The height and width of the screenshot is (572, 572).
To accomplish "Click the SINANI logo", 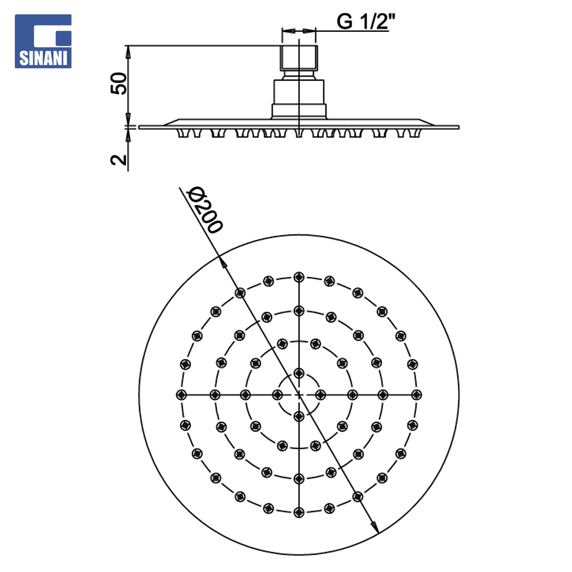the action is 43,41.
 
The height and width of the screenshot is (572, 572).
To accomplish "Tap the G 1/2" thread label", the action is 366,21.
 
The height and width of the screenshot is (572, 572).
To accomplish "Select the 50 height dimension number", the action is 119,84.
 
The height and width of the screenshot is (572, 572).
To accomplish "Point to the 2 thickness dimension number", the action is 119,160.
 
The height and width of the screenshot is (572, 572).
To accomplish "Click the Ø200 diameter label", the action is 204,210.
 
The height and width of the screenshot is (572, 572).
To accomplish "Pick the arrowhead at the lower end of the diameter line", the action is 374,527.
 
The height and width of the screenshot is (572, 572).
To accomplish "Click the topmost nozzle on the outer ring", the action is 299,277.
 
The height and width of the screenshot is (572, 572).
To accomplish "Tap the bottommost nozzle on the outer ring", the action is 299,512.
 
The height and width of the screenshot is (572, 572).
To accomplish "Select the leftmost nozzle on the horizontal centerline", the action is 181,395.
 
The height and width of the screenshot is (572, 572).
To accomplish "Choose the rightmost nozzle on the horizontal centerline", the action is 417,395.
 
